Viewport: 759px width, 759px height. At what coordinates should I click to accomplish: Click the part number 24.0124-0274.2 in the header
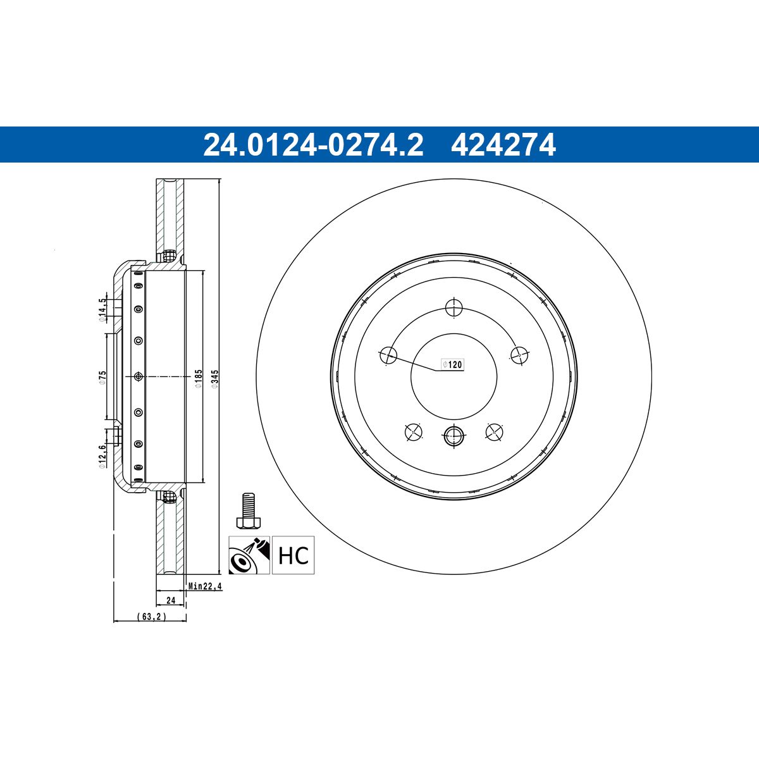(313, 145)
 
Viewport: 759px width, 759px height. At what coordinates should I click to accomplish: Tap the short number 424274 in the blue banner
(503, 145)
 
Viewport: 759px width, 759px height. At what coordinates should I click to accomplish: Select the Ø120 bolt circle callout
(452, 364)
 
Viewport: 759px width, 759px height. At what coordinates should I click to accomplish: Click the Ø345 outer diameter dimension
(214, 378)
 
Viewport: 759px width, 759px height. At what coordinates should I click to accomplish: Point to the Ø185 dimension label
(199, 378)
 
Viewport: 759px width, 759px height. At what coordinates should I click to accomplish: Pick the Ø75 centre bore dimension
(102, 377)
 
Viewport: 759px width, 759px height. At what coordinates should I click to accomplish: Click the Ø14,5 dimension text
(102, 310)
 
